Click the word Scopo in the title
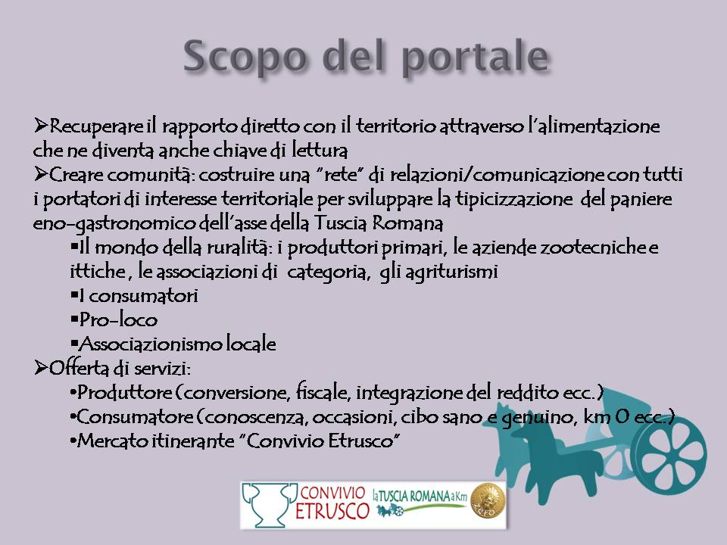coord(245,57)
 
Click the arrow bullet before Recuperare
coord(40,125)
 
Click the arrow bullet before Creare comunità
coord(40,174)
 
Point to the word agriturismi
coord(451,272)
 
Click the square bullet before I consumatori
coord(74,294)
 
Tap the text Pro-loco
coord(118,319)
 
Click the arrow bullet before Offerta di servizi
coord(40,368)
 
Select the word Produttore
coord(124,393)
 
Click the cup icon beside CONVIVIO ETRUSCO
coord(270,505)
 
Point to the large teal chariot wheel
coord(669,453)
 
